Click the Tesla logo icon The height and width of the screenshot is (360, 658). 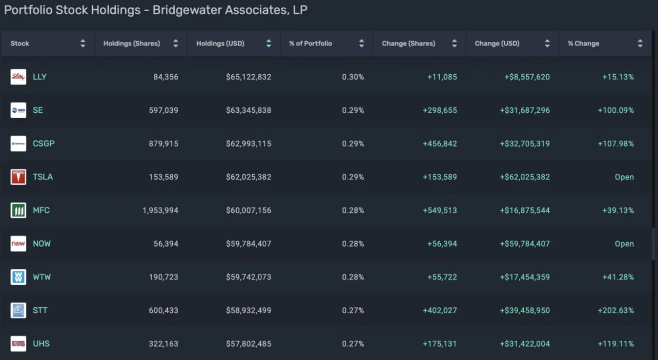point(19,177)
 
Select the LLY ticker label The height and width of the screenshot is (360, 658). point(40,77)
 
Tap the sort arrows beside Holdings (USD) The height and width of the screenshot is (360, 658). point(268,43)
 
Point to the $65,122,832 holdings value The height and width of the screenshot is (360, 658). point(248,77)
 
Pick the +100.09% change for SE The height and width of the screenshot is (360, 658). point(616,110)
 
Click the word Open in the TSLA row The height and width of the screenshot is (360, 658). point(624,177)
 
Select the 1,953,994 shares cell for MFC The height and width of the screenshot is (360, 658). point(160,211)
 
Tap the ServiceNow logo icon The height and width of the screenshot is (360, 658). point(19,244)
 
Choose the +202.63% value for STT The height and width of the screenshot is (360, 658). point(616,310)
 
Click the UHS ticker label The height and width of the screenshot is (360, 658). point(41,344)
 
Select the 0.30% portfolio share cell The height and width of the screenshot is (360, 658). point(353,77)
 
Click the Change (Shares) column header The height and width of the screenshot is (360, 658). point(409,43)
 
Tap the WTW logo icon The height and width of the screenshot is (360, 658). point(19,277)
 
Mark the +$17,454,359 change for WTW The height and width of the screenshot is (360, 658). point(525,277)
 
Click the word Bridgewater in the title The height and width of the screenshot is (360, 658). point(186,10)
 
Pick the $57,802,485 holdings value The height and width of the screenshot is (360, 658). point(248,344)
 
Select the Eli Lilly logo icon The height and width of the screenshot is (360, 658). point(19,77)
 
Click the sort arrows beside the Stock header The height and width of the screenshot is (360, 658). point(82,43)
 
